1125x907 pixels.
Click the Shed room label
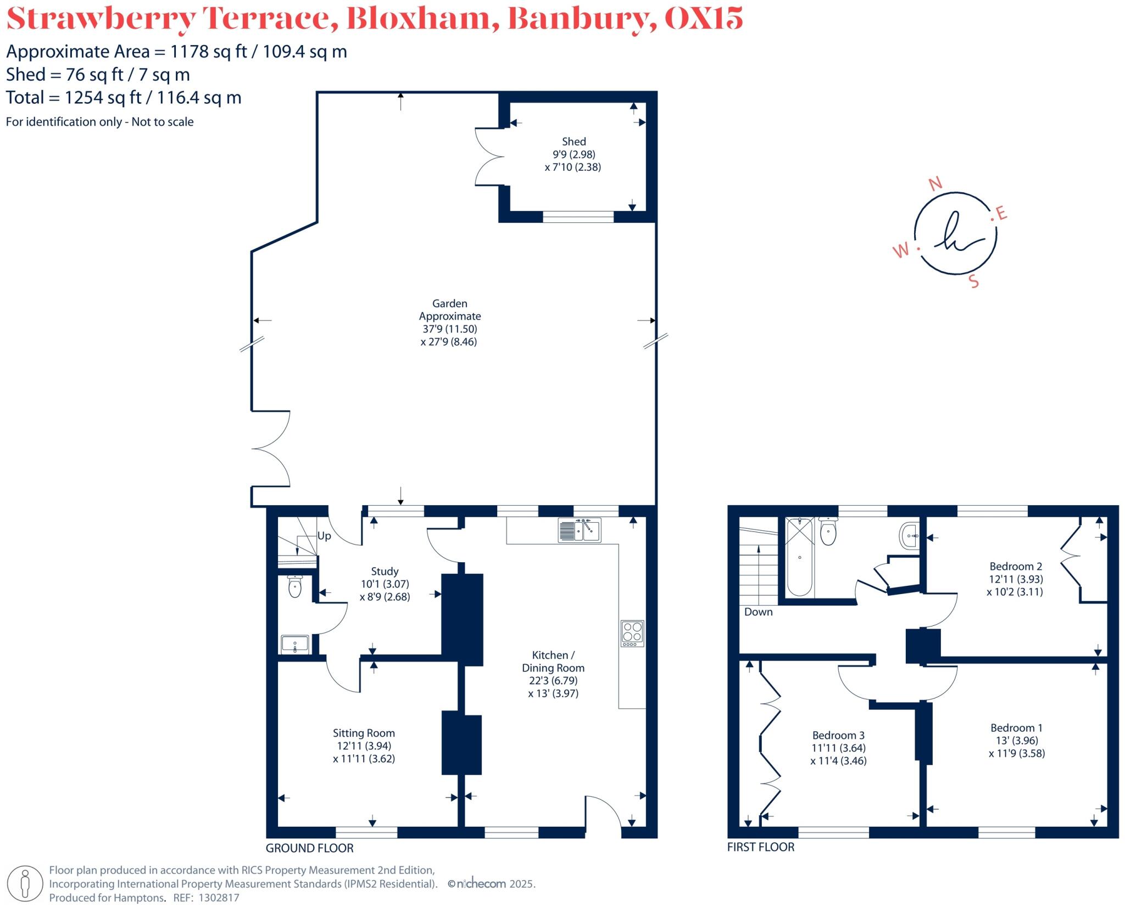(x=573, y=142)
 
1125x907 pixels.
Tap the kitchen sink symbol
(x=580, y=530)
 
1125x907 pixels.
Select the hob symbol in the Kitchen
(x=632, y=633)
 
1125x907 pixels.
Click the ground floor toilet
(x=295, y=586)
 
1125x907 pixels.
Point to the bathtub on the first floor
(x=799, y=557)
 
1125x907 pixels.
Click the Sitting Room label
(x=364, y=733)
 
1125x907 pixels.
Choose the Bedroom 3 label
(x=838, y=735)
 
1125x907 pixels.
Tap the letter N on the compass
(x=935, y=184)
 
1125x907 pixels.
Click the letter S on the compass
(x=974, y=282)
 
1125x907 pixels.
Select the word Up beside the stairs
(x=324, y=536)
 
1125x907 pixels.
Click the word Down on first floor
(x=758, y=612)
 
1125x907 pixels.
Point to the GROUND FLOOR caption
(x=309, y=848)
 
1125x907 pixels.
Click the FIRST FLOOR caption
(x=760, y=847)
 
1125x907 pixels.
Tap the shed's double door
(x=489, y=157)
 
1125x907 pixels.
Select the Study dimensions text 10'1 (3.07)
(x=385, y=584)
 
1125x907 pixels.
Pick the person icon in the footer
(x=25, y=884)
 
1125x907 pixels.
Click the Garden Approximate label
(x=449, y=310)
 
